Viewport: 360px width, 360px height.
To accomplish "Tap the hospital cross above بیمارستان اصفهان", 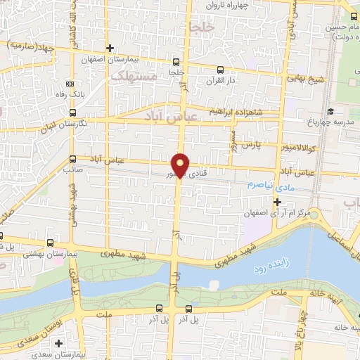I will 110,48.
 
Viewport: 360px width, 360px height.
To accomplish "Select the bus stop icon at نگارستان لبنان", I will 72,113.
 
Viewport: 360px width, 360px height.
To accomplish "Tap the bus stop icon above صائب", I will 72,159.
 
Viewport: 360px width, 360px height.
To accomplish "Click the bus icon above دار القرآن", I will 221,70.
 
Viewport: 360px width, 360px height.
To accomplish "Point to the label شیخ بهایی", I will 308,79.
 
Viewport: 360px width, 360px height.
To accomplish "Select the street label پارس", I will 252,145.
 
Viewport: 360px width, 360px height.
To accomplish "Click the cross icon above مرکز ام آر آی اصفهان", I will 277,202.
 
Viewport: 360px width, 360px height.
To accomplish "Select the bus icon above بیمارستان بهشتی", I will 2,236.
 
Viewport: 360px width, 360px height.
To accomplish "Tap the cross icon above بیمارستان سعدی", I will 58,344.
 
